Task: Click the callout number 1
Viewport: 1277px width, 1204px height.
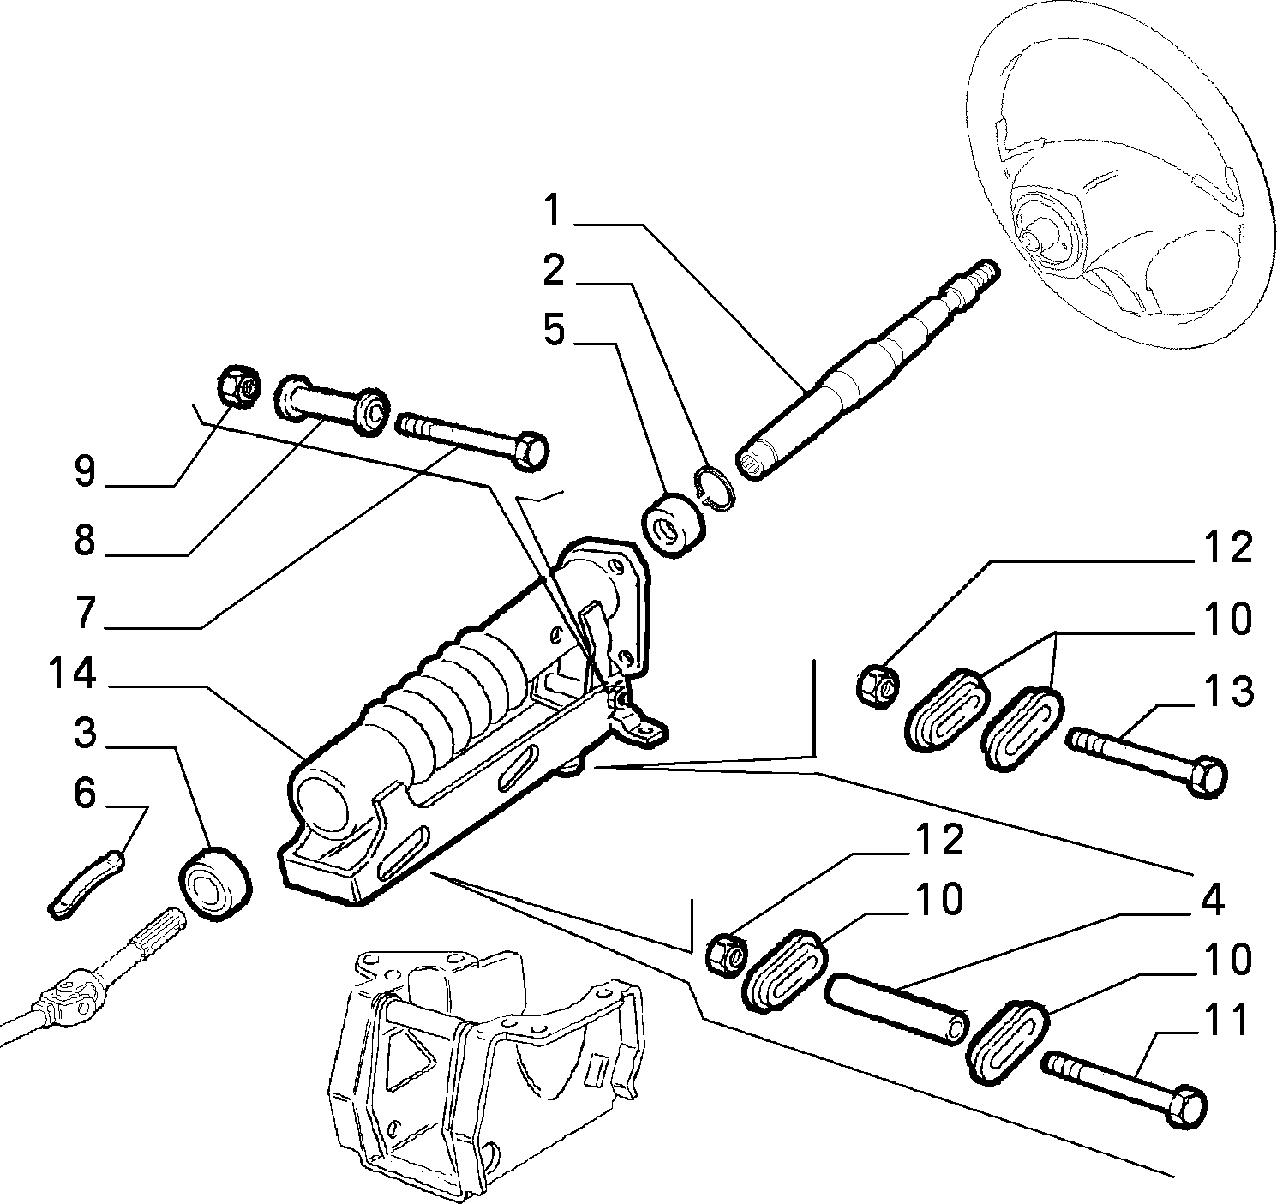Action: (x=552, y=210)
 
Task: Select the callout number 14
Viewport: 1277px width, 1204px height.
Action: (x=72, y=674)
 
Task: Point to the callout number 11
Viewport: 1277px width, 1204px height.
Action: (x=1226, y=1020)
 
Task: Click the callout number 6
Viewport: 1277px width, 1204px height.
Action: (x=85, y=793)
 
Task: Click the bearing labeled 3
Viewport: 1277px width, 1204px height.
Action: (x=215, y=885)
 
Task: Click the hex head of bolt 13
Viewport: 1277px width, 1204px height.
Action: (x=1206, y=777)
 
